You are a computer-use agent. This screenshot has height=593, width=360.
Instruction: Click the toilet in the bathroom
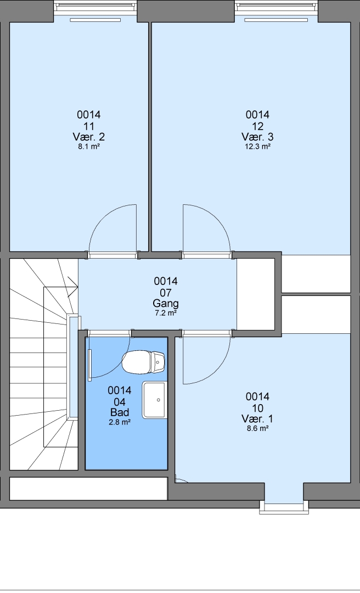tap(143, 362)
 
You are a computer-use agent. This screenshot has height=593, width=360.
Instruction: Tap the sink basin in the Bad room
tap(154, 400)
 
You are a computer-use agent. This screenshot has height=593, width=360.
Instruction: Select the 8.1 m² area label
tap(89, 147)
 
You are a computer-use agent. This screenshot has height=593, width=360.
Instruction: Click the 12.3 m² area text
tap(257, 147)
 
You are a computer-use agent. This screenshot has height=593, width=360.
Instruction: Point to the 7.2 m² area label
tap(165, 313)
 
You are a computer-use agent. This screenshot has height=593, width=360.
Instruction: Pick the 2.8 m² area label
tap(120, 422)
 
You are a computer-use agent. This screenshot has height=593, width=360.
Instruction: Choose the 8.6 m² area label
tap(257, 428)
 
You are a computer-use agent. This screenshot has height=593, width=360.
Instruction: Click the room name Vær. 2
tap(89, 137)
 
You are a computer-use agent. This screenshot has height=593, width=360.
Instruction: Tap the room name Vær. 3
tap(257, 137)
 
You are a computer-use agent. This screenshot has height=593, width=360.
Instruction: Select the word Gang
tap(166, 303)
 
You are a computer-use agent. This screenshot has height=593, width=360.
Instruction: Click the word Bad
tap(120, 412)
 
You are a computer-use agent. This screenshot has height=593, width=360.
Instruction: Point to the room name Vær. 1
tap(257, 418)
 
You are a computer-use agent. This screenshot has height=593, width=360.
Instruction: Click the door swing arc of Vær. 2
tap(103, 218)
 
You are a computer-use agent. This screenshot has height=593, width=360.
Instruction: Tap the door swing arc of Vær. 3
tap(216, 218)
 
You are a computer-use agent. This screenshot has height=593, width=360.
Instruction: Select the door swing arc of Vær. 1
tap(216, 371)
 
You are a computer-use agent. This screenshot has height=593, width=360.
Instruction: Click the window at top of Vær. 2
tap(95, 8)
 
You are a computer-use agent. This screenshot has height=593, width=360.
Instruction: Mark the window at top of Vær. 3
tap(276, 8)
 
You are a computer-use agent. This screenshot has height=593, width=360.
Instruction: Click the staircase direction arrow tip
tap(78, 287)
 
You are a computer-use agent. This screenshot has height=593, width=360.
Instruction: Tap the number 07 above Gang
tap(166, 293)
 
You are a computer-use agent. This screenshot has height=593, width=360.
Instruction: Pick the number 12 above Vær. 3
tap(257, 126)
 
